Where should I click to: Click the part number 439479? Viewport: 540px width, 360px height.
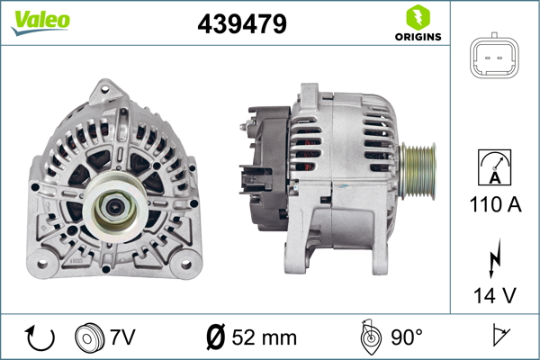click(x=242, y=25)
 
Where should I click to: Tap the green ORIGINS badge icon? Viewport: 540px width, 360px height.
click(x=417, y=17)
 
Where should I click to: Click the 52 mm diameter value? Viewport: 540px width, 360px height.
click(x=265, y=338)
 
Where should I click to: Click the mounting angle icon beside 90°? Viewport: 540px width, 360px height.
click(x=370, y=337)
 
